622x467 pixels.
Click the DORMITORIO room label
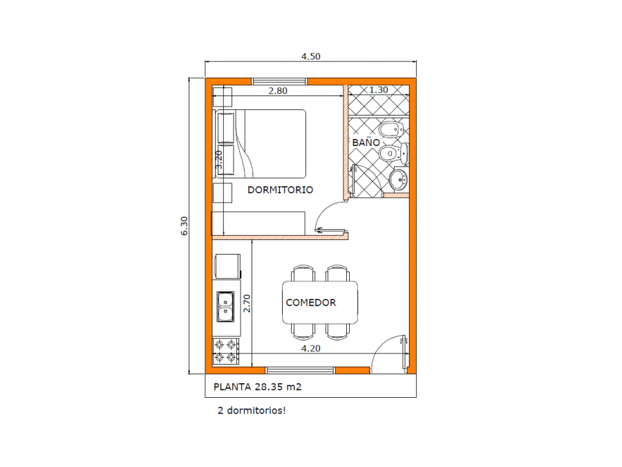click(x=280, y=190)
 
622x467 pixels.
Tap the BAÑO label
click(x=366, y=142)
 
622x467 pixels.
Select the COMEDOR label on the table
click(x=310, y=302)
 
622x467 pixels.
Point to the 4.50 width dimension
click(x=310, y=57)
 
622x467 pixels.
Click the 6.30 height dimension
click(x=184, y=226)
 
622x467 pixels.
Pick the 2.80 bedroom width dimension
click(x=278, y=91)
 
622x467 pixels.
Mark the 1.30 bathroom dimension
click(x=379, y=90)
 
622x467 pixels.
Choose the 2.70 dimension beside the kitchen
click(x=247, y=303)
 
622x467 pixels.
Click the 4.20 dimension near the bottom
click(x=310, y=348)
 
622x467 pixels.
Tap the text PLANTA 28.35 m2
click(x=258, y=387)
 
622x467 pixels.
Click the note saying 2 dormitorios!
click(x=252, y=410)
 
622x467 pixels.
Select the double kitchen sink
click(x=225, y=306)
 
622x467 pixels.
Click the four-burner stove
click(x=226, y=351)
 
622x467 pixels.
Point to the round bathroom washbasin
click(x=399, y=180)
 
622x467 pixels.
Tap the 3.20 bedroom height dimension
click(x=219, y=159)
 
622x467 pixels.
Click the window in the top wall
click(x=280, y=82)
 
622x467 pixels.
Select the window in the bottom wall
click(x=301, y=371)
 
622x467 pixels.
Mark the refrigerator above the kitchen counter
click(x=227, y=266)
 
